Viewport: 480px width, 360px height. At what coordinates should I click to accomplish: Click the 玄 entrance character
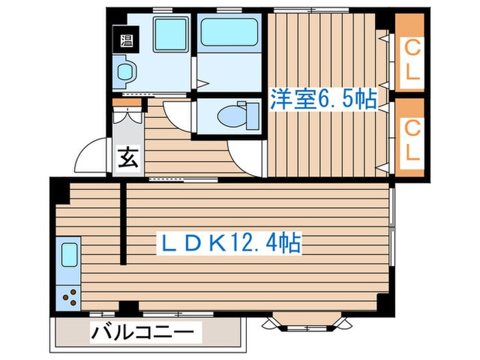tap(128, 159)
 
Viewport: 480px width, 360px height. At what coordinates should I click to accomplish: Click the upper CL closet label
tap(411, 60)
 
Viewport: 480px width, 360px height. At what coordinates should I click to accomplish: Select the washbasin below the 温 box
tap(125, 71)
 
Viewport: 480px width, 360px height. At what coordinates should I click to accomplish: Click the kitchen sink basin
tap(69, 255)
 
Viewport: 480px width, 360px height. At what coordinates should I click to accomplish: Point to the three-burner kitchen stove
tap(69, 296)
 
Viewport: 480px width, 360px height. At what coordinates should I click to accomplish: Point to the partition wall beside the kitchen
tap(123, 223)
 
